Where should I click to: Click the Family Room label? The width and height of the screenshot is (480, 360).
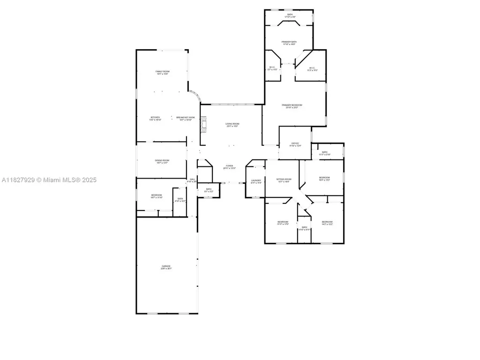tap(162, 71)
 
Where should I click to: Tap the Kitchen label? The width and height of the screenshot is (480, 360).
tap(155, 117)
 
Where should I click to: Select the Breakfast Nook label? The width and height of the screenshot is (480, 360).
tap(185, 117)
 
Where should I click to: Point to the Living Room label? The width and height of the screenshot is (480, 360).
tap(233, 124)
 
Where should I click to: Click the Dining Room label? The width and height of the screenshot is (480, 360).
tap(162, 161)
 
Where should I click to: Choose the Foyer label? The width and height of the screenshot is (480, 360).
tap(229, 165)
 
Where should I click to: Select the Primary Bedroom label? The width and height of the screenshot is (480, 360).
tap(292, 105)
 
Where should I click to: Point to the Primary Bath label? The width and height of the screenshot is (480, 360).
tap(289, 42)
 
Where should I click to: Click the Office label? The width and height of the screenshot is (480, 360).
tap(295, 143)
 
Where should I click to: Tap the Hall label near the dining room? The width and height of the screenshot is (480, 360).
tap(192, 179)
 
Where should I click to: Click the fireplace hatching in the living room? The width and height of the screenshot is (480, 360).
tap(203, 125)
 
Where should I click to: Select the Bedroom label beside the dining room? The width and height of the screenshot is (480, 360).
tap(157, 195)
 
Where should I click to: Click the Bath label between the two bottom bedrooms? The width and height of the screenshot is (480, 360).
tap(304, 227)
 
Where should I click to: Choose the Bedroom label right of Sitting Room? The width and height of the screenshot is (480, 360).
tap(324, 177)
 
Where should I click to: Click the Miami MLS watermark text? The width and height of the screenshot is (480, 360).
tap(49, 180)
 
